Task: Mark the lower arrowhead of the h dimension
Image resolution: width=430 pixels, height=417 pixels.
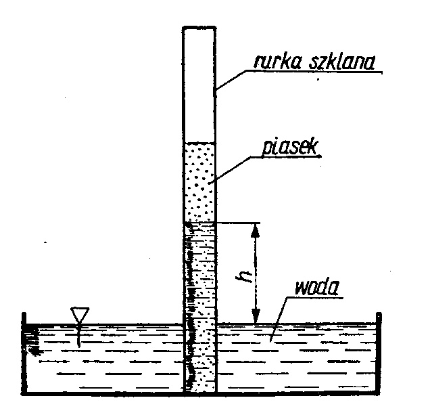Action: pos(256,317)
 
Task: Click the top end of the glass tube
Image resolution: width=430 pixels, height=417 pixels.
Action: pos(200,27)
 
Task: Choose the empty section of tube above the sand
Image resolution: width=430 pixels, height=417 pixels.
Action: pos(200,85)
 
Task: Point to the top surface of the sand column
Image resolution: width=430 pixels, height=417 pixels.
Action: pos(200,142)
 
